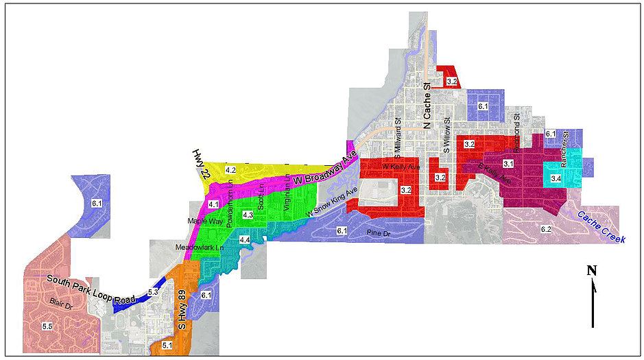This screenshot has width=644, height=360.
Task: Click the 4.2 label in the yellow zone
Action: tap(230, 169)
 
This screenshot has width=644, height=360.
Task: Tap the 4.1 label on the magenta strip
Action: tap(213, 204)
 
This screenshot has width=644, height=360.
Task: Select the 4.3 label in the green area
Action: tap(248, 215)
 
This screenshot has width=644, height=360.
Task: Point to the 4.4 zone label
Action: tap(244, 239)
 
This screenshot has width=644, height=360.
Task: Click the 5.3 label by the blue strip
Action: tap(153, 293)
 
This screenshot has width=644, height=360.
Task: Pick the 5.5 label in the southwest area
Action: tap(47, 326)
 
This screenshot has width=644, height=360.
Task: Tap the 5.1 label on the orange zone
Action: tap(167, 346)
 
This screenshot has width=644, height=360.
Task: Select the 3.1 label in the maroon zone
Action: tap(508, 164)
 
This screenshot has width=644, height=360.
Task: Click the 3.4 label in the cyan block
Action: tap(556, 178)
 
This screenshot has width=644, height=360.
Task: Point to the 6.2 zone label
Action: tap(546, 228)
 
